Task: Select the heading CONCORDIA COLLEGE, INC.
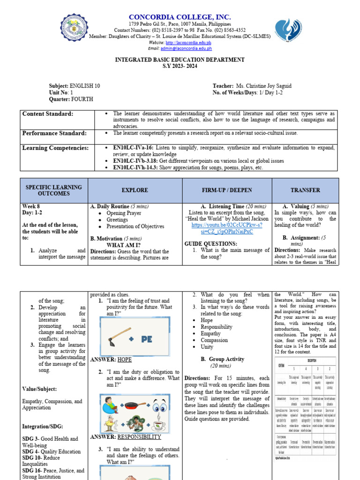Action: (x=180, y=17)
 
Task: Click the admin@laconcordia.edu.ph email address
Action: (x=186, y=48)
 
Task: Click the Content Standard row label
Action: (x=48, y=114)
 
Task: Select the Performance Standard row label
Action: (x=54, y=133)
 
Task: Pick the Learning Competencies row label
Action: (x=55, y=148)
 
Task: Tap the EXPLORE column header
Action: (x=135, y=190)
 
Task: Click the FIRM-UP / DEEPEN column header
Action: (x=226, y=190)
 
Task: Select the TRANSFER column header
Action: (x=305, y=190)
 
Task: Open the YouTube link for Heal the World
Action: (x=226, y=228)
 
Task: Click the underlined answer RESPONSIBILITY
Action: (x=139, y=437)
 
